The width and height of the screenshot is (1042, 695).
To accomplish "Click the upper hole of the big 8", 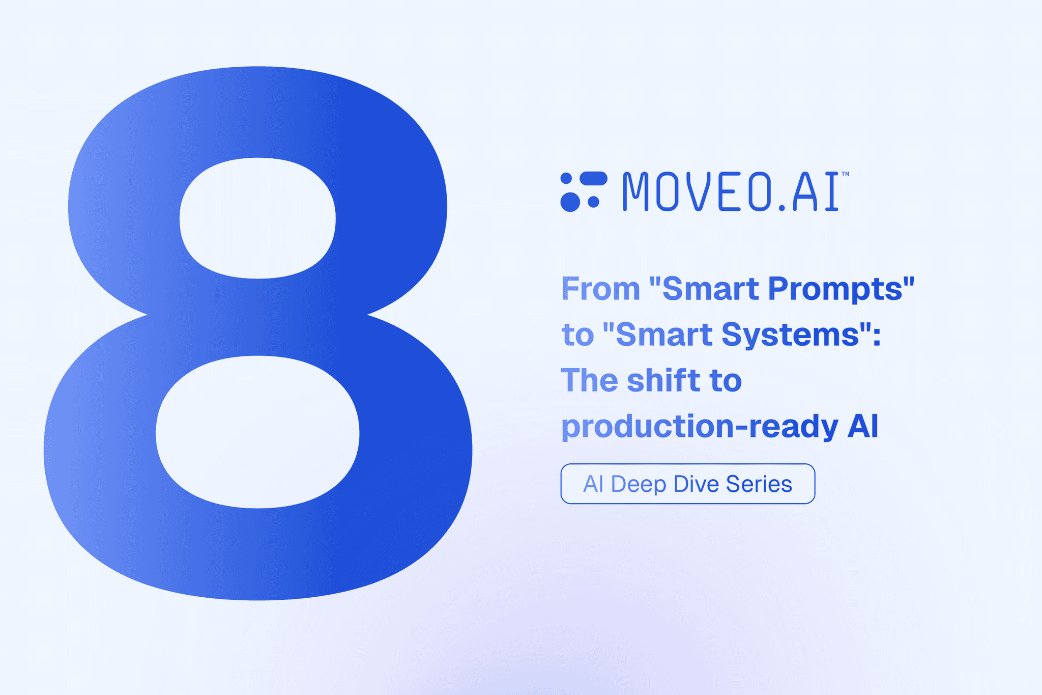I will (x=257, y=218).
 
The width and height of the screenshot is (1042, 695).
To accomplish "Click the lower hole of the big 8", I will (x=257, y=432).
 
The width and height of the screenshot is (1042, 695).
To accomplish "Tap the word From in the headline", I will (x=600, y=289).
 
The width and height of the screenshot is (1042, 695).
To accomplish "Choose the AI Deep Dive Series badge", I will (x=687, y=484).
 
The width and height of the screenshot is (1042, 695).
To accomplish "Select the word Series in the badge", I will (x=759, y=484).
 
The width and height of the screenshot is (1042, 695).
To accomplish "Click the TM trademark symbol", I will (x=845, y=174).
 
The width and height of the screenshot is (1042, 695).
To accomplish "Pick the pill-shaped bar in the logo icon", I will (x=593, y=178).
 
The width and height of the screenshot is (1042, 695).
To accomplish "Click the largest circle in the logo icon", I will (x=570, y=202).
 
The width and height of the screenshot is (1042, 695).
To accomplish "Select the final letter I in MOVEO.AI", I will (x=831, y=191).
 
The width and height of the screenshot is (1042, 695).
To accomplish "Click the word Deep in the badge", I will (x=638, y=484).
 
